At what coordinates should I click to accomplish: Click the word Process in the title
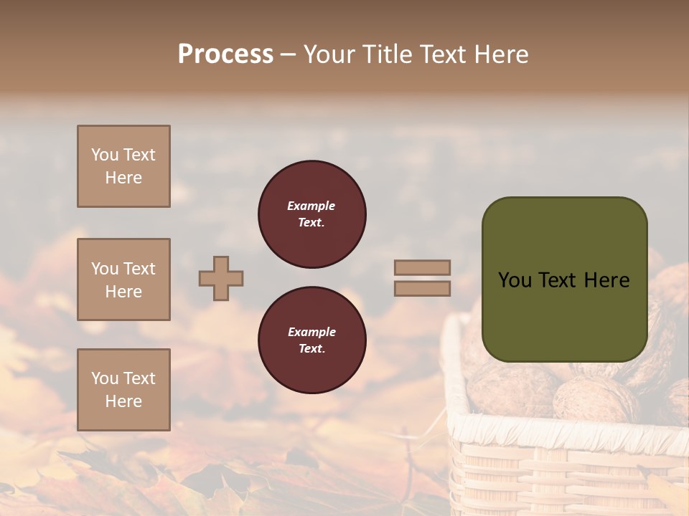(225, 54)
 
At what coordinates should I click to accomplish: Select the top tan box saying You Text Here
(123, 166)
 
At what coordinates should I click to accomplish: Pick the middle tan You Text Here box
(123, 279)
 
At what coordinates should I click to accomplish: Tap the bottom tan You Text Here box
(123, 390)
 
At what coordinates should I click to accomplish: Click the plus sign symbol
(221, 278)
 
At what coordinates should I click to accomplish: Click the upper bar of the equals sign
(422, 267)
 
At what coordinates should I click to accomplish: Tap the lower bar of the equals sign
(422, 288)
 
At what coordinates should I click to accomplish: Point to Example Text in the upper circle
(311, 214)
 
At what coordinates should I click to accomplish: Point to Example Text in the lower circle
(311, 340)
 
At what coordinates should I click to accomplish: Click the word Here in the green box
(606, 280)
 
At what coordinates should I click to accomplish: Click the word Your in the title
(330, 54)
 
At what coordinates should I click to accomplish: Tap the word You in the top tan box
(105, 155)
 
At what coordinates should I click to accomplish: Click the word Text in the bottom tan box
(139, 378)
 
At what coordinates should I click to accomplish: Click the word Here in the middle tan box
(123, 292)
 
